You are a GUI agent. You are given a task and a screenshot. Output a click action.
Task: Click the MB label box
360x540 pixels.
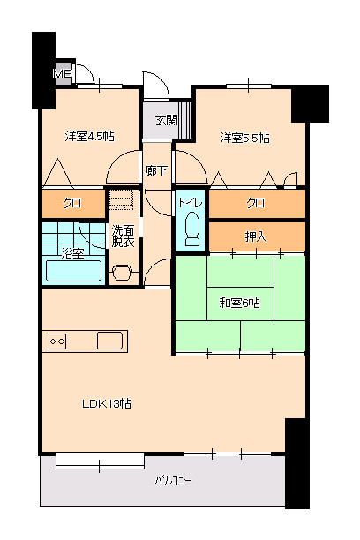tap(63, 73)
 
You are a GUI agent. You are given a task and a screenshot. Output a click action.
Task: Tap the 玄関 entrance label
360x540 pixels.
tap(166, 120)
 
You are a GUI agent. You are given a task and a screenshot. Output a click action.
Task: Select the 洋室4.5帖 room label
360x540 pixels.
tap(89, 137)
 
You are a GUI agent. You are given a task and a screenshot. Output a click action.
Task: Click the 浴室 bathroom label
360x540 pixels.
tap(72, 253)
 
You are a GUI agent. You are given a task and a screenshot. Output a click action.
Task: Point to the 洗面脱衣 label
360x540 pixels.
tap(123, 236)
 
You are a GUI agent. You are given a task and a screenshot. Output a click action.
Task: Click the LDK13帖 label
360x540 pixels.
tap(107, 403)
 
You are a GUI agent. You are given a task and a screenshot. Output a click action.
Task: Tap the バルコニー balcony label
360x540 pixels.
tap(173, 481)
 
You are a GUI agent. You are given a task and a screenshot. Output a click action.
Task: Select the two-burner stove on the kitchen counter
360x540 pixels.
tap(58, 341)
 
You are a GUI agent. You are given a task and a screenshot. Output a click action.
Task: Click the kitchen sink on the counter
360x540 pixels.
tap(111, 341)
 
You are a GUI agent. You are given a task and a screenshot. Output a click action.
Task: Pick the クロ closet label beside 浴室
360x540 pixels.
tap(71, 204)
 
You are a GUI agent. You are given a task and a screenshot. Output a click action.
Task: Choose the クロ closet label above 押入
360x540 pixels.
tap(256, 204)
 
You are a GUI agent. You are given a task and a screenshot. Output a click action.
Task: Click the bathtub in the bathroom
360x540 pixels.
tap(72, 270)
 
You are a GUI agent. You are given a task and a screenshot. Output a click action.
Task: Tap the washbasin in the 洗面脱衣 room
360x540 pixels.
tap(122, 272)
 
